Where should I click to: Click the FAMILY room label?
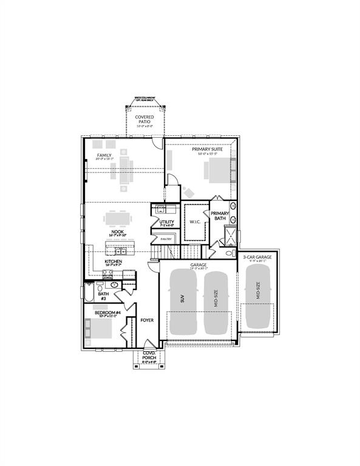click(x=104, y=156)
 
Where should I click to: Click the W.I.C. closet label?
click(x=195, y=222)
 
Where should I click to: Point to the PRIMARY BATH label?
click(x=220, y=216)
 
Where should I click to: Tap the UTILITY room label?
click(x=167, y=222)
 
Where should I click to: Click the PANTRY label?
click(x=166, y=239)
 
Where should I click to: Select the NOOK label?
click(x=117, y=231)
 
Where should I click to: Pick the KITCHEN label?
click(x=114, y=262)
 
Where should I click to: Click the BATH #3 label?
click(x=103, y=296)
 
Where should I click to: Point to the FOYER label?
click(x=147, y=320)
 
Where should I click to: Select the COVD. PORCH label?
click(x=149, y=356)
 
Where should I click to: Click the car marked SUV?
click(x=182, y=300)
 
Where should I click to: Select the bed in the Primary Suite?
click(x=217, y=169)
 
